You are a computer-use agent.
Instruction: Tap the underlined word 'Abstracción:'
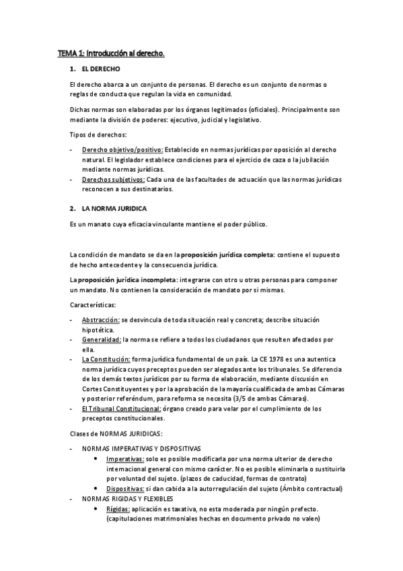point(100,320)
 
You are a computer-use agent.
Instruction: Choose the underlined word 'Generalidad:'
point(101,340)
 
